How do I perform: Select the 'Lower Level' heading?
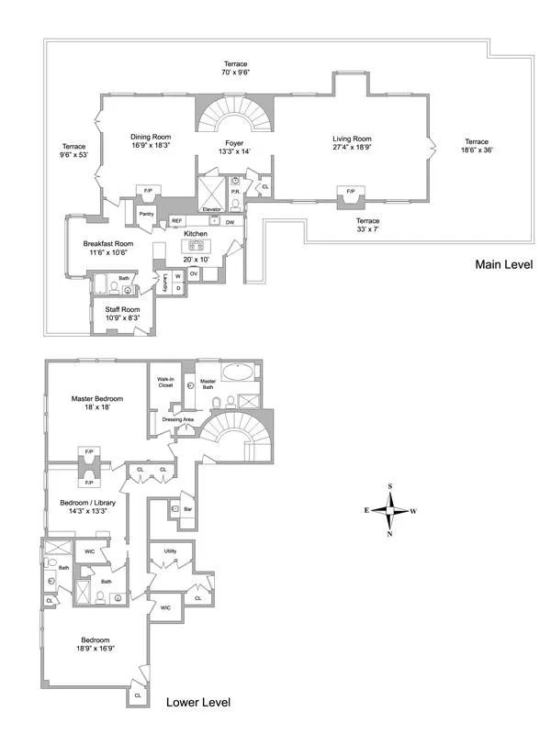pyautogui.click(x=197, y=703)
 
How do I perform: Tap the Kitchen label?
pyautogui.click(x=196, y=235)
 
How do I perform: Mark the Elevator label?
pyautogui.click(x=213, y=209)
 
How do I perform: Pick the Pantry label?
pyautogui.click(x=145, y=214)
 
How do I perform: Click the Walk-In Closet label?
pyautogui.click(x=165, y=382)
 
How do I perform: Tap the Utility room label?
pyautogui.click(x=170, y=550)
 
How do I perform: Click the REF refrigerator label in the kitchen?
pyautogui.click(x=176, y=221)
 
